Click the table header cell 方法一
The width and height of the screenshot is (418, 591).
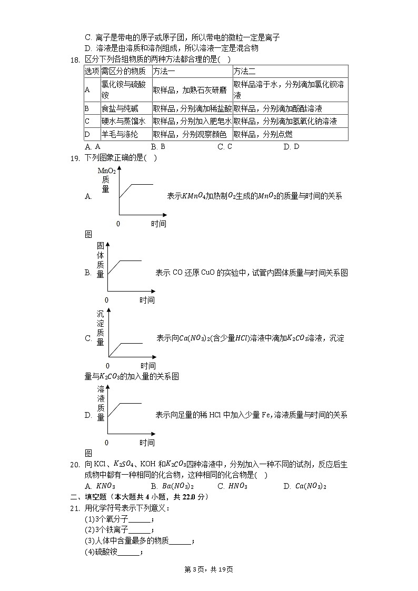pyautogui.click(x=164, y=71)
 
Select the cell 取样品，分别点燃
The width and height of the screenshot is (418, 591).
pyautogui.click(x=263, y=134)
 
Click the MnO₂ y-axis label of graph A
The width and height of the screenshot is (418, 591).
pyautogui.click(x=107, y=171)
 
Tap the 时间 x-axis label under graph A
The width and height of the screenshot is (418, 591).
pyautogui.click(x=158, y=224)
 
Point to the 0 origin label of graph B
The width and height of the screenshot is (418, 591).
pyautogui.click(x=106, y=300)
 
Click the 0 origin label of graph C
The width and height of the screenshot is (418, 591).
pyautogui.click(x=108, y=366)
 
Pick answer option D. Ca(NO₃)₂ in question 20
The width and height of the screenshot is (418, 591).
pyautogui.click(x=305, y=486)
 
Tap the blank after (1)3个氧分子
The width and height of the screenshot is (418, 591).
pyautogui.click(x=140, y=520)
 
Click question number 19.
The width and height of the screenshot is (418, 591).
pyautogui.click(x=74, y=158)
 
